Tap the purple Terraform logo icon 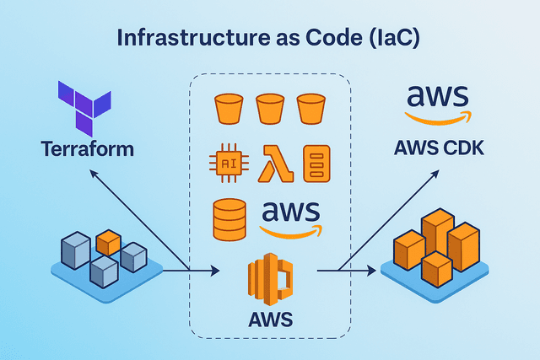[x=82, y=109]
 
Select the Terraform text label [x=87, y=149]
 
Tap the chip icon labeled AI [x=229, y=164]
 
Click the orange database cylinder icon [x=229, y=219]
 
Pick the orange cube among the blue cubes [x=108, y=242]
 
